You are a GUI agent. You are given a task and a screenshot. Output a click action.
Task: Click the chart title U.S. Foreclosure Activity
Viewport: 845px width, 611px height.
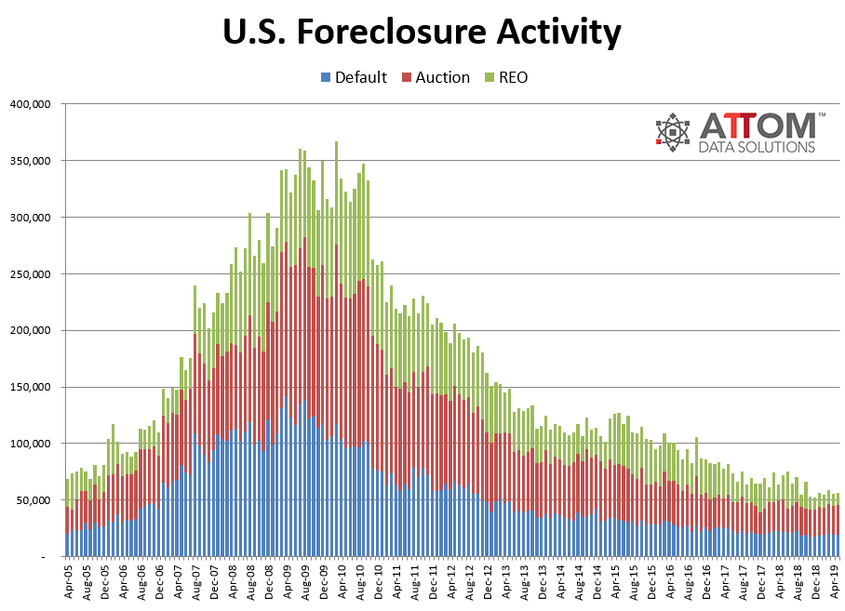(x=422, y=33)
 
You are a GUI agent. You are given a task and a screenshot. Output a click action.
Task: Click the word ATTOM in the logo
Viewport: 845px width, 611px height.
(x=758, y=126)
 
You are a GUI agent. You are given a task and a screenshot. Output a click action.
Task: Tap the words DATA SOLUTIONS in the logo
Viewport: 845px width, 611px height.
(x=757, y=147)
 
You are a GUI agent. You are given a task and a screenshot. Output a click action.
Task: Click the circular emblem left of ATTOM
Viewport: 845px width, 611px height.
(x=672, y=132)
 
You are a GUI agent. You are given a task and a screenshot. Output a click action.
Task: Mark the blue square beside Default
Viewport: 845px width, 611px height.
(x=325, y=77)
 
